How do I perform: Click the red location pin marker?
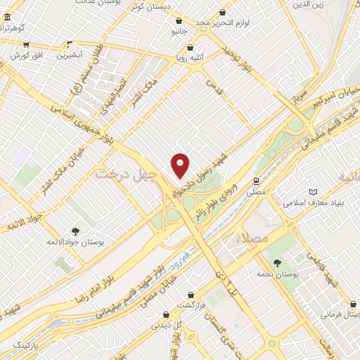tap(181, 165)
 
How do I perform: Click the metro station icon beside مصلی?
tap(257, 179)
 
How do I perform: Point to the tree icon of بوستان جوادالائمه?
tap(75, 230)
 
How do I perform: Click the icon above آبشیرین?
tap(69, 43)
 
